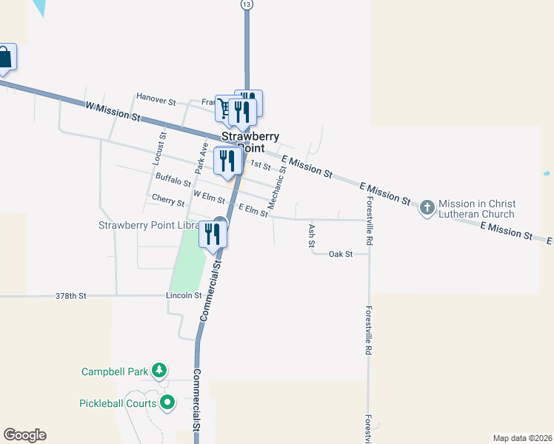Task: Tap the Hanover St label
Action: [156, 98]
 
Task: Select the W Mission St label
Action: [113, 111]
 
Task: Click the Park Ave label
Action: [201, 158]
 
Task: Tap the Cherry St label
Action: [167, 200]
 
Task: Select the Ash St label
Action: [312, 235]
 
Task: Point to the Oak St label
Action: [340, 254]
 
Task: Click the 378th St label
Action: [71, 296]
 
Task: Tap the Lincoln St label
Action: [184, 296]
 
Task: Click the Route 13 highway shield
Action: [247, 4]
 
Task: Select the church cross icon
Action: [427, 208]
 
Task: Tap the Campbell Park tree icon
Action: [158, 370]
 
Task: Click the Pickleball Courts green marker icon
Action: [167, 403]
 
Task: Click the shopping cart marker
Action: [224, 108]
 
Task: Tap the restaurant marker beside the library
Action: [213, 234]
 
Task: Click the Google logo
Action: [24, 435]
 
